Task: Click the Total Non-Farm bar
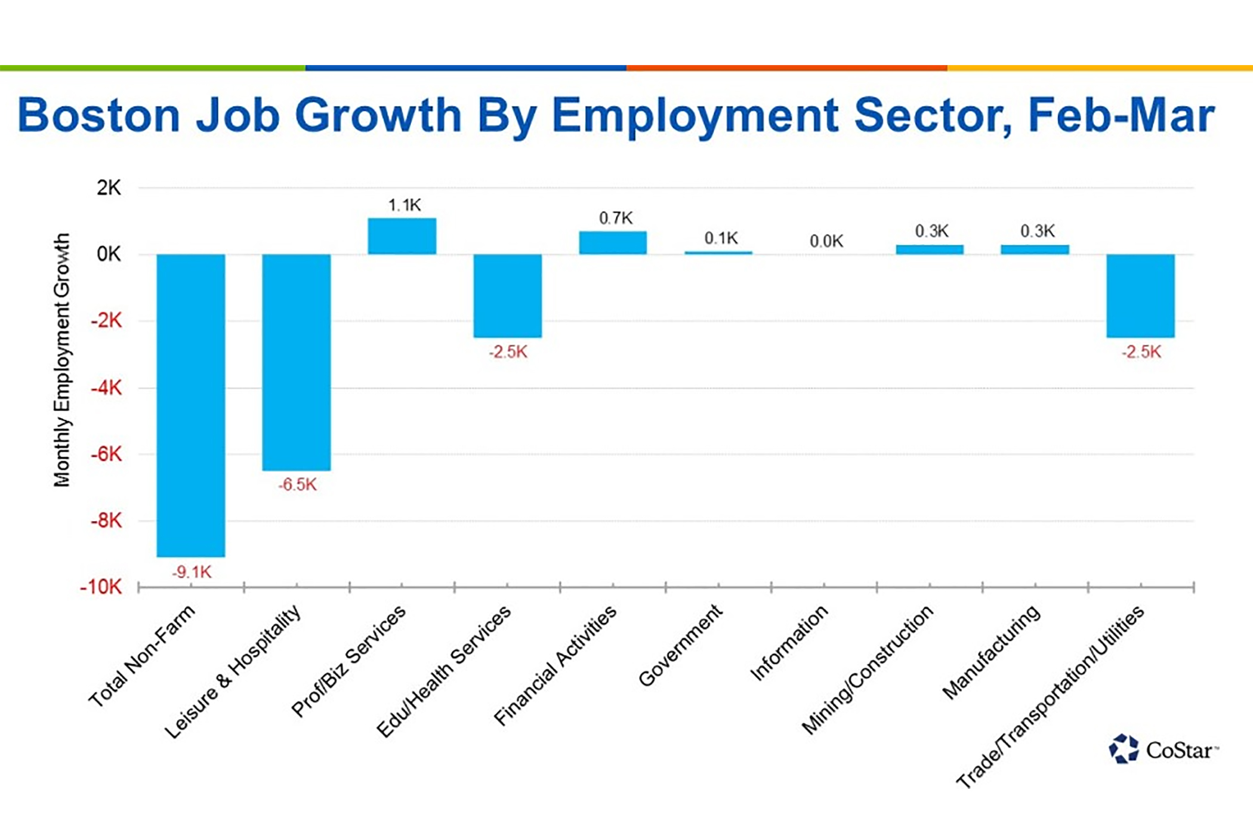[x=191, y=406]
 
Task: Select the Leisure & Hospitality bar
[x=297, y=362]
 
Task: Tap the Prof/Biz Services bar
[x=402, y=236]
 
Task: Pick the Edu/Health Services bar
[x=508, y=296]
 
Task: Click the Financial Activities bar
[x=613, y=243]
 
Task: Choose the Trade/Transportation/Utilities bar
[x=1141, y=296]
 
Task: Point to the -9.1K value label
[x=192, y=572]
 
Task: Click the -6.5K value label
[x=297, y=485]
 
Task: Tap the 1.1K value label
[x=405, y=205]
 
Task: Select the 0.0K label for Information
[x=826, y=242]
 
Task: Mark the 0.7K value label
[x=616, y=218]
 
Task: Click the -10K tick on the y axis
[x=101, y=587]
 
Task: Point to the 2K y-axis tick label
[x=109, y=188]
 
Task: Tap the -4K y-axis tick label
[x=106, y=388]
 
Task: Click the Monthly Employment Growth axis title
[x=62, y=360]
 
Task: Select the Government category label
[x=680, y=646]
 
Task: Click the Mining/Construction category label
[x=868, y=670]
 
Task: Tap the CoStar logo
[x=1162, y=749]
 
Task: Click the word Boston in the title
[x=99, y=115]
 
